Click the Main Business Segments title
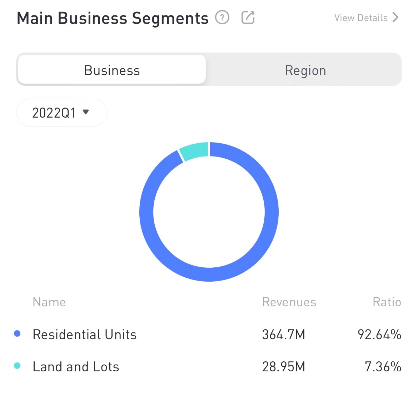[113, 19]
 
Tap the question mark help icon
[222, 17]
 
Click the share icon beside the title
[248, 17]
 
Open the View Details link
[361, 18]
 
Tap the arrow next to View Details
[395, 18]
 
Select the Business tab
[112, 70]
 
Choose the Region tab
[305, 70]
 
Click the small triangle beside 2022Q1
[86, 112]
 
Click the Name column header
[49, 302]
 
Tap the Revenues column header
[289, 302]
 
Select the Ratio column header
[387, 302]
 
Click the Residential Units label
[85, 335]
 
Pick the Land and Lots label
[76, 367]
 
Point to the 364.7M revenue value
[284, 335]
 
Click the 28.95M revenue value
[284, 367]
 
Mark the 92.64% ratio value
[379, 335]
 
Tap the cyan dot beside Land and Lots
[17, 366]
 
